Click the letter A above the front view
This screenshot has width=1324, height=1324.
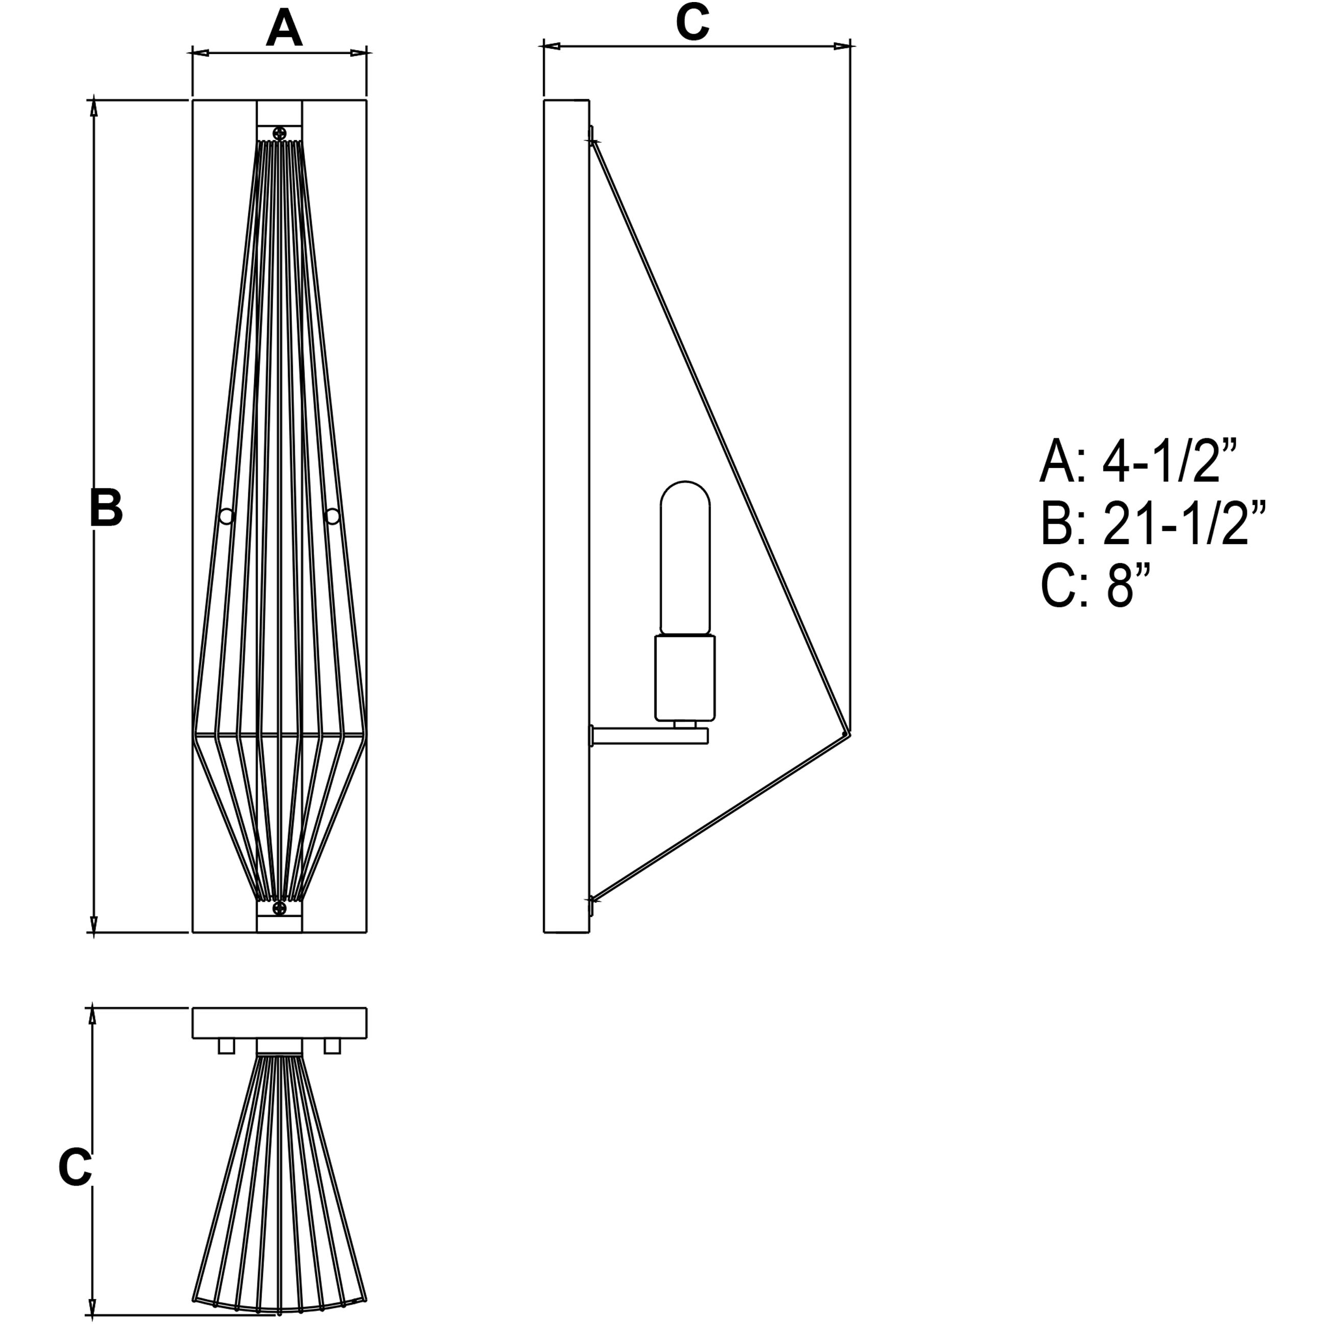point(283,29)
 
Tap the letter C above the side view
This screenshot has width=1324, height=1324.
point(692,22)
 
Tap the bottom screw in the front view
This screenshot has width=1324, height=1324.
point(279,909)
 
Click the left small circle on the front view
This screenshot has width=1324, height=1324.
point(226,516)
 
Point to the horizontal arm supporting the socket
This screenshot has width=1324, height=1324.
point(649,736)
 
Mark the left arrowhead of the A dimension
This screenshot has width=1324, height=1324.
point(199,52)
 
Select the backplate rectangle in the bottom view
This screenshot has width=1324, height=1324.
point(279,1023)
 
